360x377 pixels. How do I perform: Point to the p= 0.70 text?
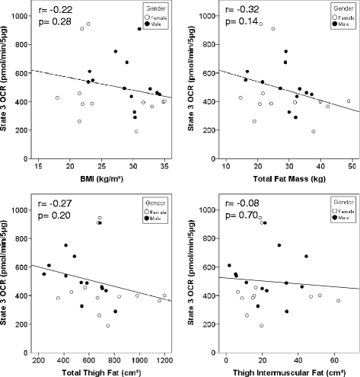pos(239,216)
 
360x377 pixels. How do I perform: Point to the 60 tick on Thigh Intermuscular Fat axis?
pos(333,355)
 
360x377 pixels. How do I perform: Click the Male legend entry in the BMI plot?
pos(153,24)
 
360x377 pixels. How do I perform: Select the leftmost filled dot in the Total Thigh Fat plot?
pos(43,274)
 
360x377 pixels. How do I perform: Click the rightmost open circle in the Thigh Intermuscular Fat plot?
pos(339,301)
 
